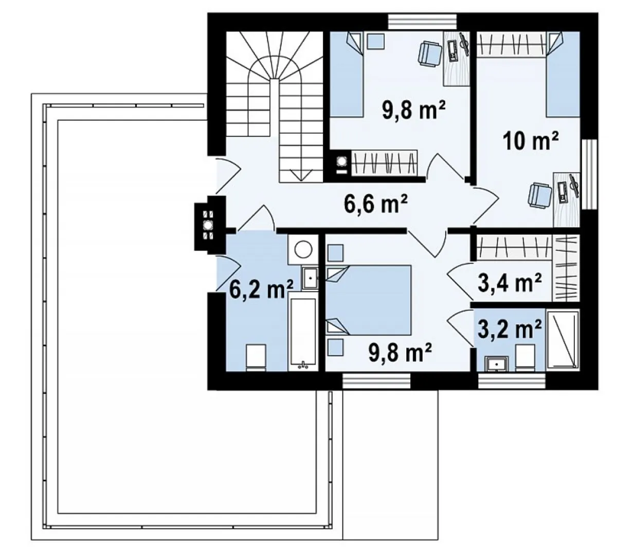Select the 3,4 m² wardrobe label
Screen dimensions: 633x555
[509, 282]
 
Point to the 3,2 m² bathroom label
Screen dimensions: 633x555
[509, 329]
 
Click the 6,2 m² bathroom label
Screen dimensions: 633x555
[261, 289]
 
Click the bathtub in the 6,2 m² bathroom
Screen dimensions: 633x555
[303, 331]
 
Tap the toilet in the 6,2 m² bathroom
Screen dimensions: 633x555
[256, 358]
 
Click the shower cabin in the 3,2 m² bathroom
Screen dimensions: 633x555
[563, 340]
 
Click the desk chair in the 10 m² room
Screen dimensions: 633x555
[539, 195]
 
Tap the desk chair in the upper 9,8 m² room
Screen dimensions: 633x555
[429, 54]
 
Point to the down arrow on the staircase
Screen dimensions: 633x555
[301, 175]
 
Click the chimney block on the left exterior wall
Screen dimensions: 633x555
[210, 224]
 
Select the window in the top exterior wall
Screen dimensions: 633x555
[422, 22]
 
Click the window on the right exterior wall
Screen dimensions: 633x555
[590, 174]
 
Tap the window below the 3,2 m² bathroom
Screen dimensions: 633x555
[512, 381]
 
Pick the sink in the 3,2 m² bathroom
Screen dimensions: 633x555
[497, 364]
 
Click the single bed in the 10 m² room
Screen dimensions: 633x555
[563, 75]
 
